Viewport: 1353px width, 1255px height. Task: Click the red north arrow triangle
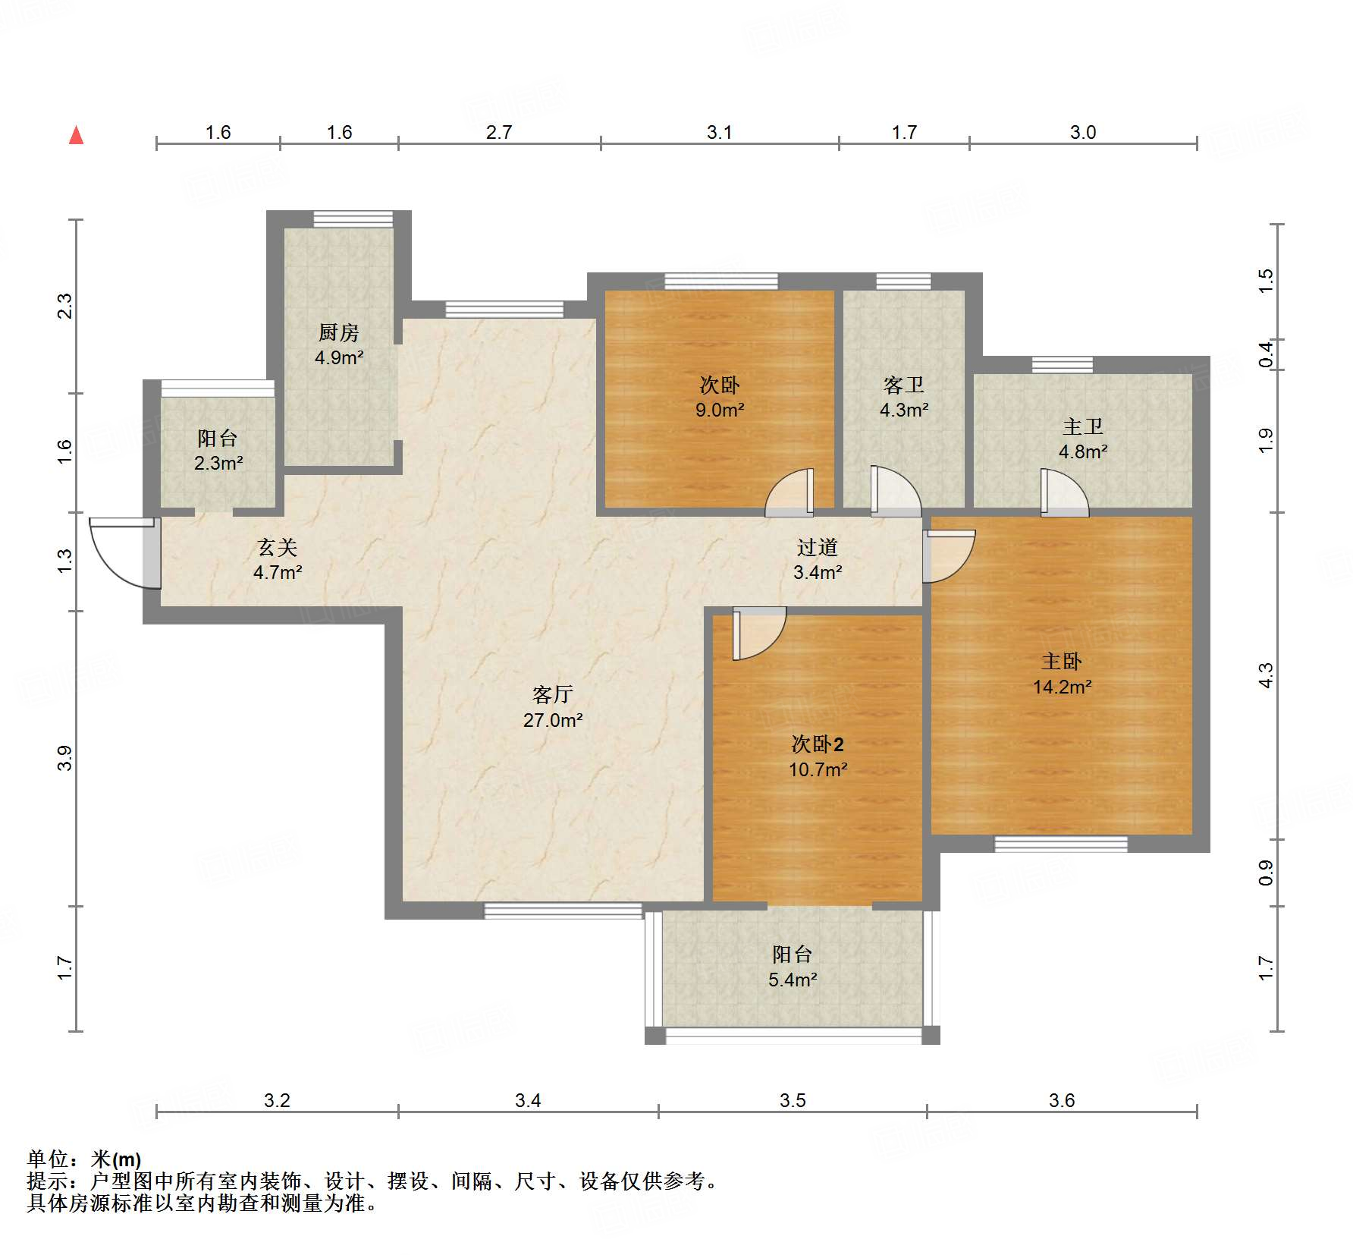coord(76,135)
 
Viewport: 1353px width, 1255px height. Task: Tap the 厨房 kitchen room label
coord(338,332)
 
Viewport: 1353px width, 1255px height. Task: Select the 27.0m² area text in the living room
coord(553,720)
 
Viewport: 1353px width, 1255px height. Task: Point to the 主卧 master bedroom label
coord(1062,662)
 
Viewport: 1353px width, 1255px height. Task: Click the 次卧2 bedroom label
coord(818,744)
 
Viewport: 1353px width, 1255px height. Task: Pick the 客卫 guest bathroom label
coord(904,385)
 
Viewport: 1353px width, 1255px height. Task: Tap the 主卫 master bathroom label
coord(1083,427)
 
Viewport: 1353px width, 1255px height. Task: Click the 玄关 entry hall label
coord(278,547)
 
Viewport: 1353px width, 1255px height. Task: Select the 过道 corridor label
coord(818,547)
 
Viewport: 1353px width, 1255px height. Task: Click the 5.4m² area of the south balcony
coord(793,980)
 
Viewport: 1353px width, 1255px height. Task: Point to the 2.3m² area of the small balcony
coord(218,463)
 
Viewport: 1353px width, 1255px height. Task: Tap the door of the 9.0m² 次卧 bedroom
coord(790,493)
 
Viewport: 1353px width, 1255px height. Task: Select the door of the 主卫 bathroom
coord(1065,492)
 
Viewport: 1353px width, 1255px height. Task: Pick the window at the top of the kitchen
coord(353,219)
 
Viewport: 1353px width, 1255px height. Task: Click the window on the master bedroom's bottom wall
coord(1061,844)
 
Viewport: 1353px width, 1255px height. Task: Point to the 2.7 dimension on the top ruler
coord(499,132)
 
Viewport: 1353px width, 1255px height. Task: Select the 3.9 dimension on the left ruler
coord(65,758)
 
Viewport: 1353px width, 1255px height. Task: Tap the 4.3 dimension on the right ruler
coord(1266,676)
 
